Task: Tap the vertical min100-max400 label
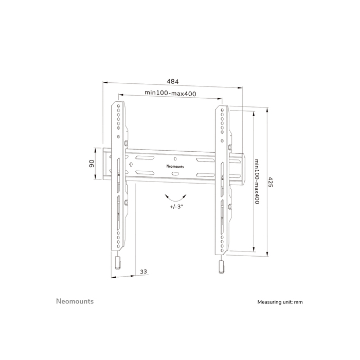pos(256,182)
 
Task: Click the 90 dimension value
pos(90,164)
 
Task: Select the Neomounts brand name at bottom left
pos(75,301)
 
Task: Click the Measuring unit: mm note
pos(280,302)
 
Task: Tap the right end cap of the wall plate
pos(238,167)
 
